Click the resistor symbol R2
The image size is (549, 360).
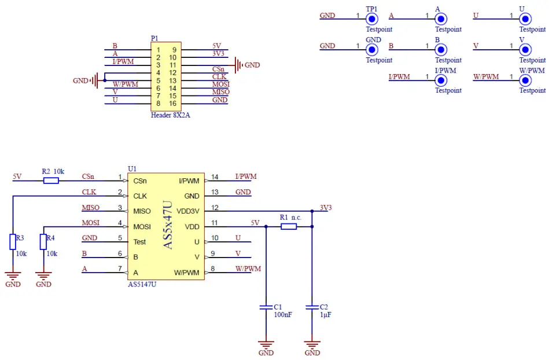tap(51, 181)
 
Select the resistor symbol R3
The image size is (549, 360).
tap(13, 241)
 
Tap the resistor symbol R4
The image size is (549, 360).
tap(43, 241)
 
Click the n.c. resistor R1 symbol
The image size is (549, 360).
tap(289, 226)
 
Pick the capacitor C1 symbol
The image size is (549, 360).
tap(266, 306)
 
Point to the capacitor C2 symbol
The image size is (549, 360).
tap(312, 306)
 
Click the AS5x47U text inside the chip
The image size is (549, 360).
tap(168, 226)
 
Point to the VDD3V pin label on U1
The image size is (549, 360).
tap(188, 211)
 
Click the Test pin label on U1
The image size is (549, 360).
tap(139, 242)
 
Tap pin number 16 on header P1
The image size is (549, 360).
tap(172, 103)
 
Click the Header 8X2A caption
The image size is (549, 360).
tap(170, 115)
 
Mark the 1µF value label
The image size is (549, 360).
tap(326, 315)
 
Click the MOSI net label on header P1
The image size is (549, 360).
tap(220, 85)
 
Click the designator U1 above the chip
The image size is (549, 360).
tap(132, 168)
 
